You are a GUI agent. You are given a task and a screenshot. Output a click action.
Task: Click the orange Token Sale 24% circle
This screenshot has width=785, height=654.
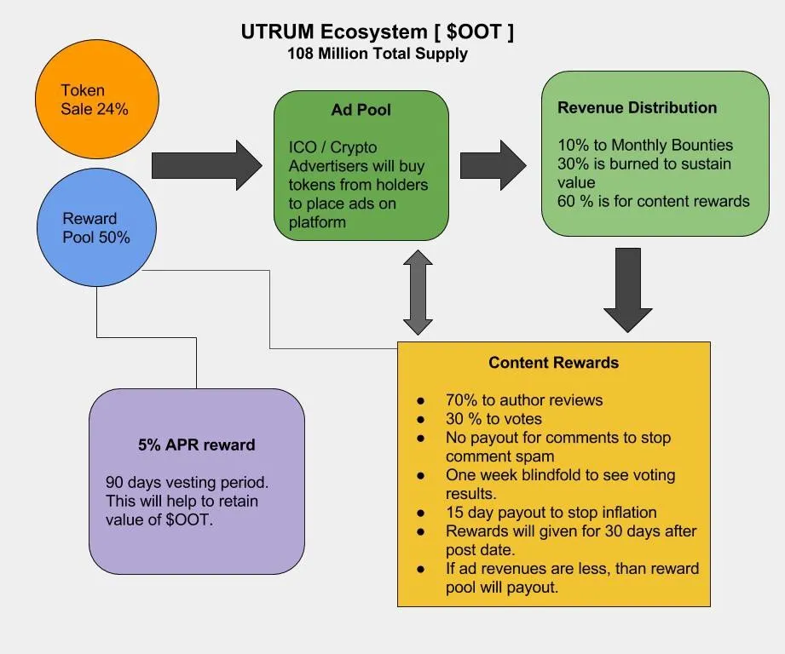click(x=97, y=100)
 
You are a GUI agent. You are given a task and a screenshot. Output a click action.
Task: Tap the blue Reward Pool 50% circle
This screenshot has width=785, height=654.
click(x=96, y=227)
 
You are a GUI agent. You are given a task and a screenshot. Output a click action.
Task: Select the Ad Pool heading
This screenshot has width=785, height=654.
click(x=361, y=110)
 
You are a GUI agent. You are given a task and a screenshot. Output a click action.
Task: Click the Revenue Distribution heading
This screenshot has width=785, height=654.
click(x=637, y=107)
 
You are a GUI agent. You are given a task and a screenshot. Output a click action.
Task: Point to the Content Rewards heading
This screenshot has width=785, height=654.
click(x=554, y=363)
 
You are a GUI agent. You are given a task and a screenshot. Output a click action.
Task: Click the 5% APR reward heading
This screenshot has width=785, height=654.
click(x=197, y=445)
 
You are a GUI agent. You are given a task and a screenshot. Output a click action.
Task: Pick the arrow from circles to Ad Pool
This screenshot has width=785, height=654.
click(x=207, y=165)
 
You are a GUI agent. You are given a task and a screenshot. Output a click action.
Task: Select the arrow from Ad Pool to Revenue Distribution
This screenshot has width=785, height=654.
click(x=494, y=165)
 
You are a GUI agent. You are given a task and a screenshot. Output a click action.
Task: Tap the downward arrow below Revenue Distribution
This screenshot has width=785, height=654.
click(x=628, y=290)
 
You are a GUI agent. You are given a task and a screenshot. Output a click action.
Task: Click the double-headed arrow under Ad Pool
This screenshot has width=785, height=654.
click(x=418, y=292)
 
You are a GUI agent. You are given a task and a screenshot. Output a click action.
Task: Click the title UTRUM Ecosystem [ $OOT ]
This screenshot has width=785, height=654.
click(x=377, y=32)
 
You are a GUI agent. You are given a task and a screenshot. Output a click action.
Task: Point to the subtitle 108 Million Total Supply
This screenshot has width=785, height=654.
click(x=378, y=54)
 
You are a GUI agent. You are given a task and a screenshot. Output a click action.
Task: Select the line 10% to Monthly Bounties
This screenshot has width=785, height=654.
click(x=645, y=145)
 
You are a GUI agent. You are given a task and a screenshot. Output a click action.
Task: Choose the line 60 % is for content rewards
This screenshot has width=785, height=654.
click(x=654, y=201)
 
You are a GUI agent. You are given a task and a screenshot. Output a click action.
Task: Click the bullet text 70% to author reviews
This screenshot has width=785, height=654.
click(x=524, y=400)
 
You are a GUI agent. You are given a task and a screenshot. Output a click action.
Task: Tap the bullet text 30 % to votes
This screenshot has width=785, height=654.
click(x=494, y=419)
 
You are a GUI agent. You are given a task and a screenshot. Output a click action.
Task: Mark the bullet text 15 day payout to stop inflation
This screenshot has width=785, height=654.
click(x=551, y=513)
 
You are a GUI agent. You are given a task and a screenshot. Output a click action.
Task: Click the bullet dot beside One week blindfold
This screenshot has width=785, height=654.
click(x=420, y=475)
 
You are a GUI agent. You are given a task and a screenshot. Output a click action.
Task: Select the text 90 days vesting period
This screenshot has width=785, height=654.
click(x=187, y=483)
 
